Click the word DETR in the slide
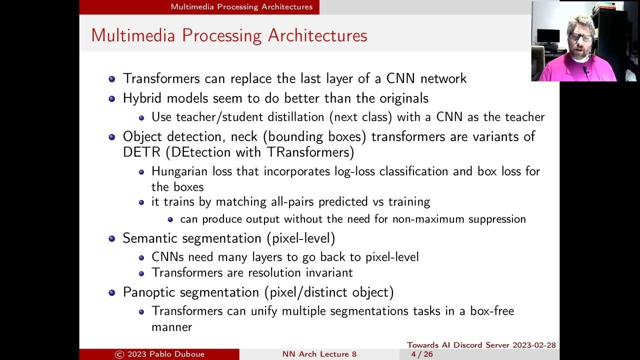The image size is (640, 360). point(139,152)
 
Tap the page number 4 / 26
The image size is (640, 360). point(421,354)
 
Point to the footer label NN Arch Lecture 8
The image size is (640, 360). point(319,354)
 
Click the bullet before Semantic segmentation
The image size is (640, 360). point(112,238)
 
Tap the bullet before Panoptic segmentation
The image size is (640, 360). point(112,292)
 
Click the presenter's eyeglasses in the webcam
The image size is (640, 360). point(580,37)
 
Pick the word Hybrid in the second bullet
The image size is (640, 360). point(141,98)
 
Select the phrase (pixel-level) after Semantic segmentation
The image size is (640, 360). point(303,238)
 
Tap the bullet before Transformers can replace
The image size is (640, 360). point(112,79)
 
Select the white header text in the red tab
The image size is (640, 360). point(241,7)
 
